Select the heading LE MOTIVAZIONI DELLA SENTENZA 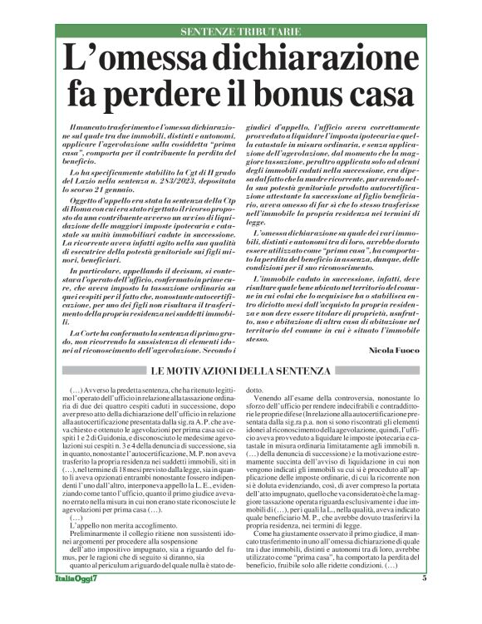pos(240,370)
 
